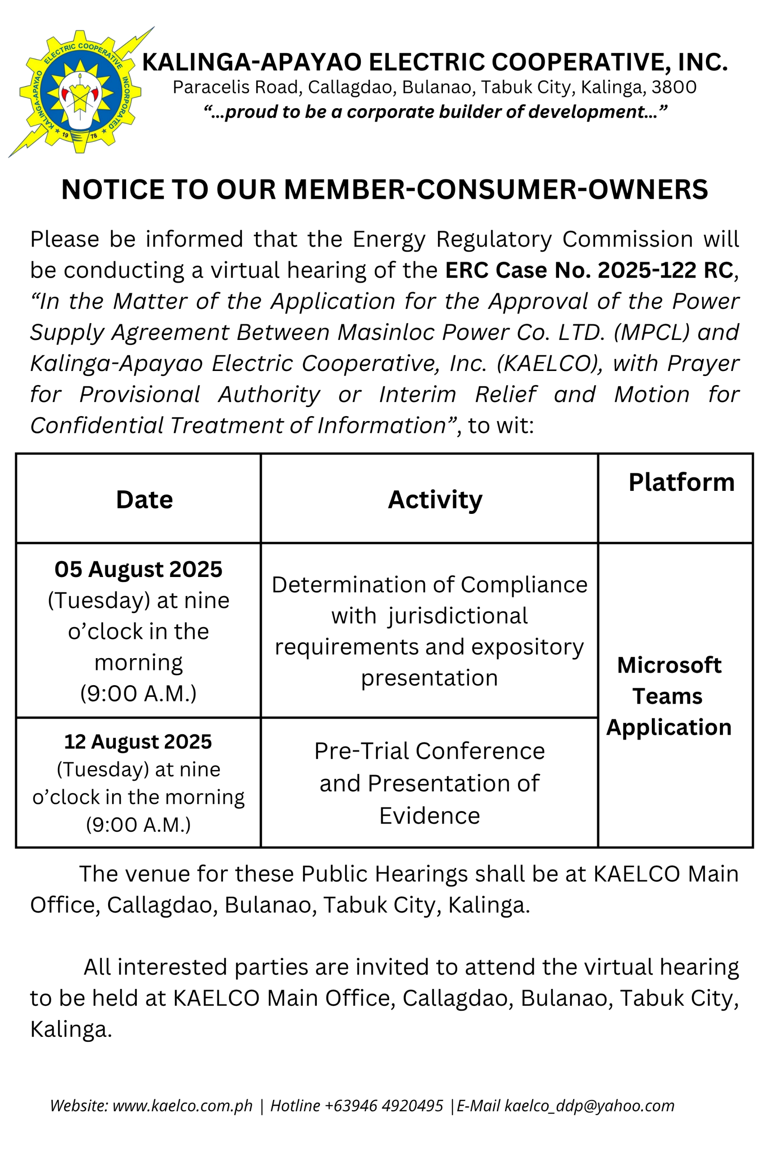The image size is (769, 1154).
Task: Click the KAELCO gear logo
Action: (x=80, y=92)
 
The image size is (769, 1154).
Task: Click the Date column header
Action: (x=144, y=499)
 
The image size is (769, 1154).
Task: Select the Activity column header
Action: (x=435, y=499)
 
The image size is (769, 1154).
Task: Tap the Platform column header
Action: (x=681, y=482)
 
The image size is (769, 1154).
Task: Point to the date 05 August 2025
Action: (x=138, y=569)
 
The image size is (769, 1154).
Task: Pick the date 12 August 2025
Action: (x=138, y=742)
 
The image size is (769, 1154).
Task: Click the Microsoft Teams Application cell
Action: (x=669, y=696)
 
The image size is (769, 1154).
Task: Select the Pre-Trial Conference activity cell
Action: (x=429, y=783)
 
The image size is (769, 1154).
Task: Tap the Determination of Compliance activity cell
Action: (x=429, y=631)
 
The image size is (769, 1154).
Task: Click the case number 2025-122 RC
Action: (x=665, y=270)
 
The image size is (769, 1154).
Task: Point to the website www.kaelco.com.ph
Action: (x=182, y=1105)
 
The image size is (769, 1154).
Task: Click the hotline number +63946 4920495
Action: (x=383, y=1105)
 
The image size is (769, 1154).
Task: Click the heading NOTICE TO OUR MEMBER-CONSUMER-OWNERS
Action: (x=385, y=189)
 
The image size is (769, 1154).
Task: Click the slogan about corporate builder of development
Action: (x=435, y=112)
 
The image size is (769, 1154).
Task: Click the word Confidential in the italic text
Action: (x=96, y=426)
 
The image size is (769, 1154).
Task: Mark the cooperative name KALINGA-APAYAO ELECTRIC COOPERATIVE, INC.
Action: (x=435, y=62)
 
